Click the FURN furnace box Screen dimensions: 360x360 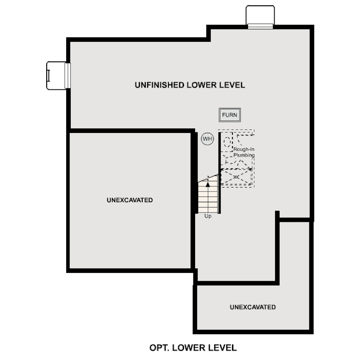(230, 115)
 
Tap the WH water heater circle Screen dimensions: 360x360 (207, 139)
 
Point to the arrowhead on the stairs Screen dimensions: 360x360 (208, 184)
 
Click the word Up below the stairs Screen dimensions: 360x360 (208, 216)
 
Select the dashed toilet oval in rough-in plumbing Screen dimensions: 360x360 (227, 142)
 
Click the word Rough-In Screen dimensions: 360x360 (244, 149)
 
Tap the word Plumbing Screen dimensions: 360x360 (244, 155)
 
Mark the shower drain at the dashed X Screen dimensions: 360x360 (236, 177)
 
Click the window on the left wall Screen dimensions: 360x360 (68, 76)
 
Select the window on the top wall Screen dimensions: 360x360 (260, 26)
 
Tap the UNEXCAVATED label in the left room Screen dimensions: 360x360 (130, 200)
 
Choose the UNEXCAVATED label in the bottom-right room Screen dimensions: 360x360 (253, 307)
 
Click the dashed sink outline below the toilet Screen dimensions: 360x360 (230, 160)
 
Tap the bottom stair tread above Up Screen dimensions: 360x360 (208, 210)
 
